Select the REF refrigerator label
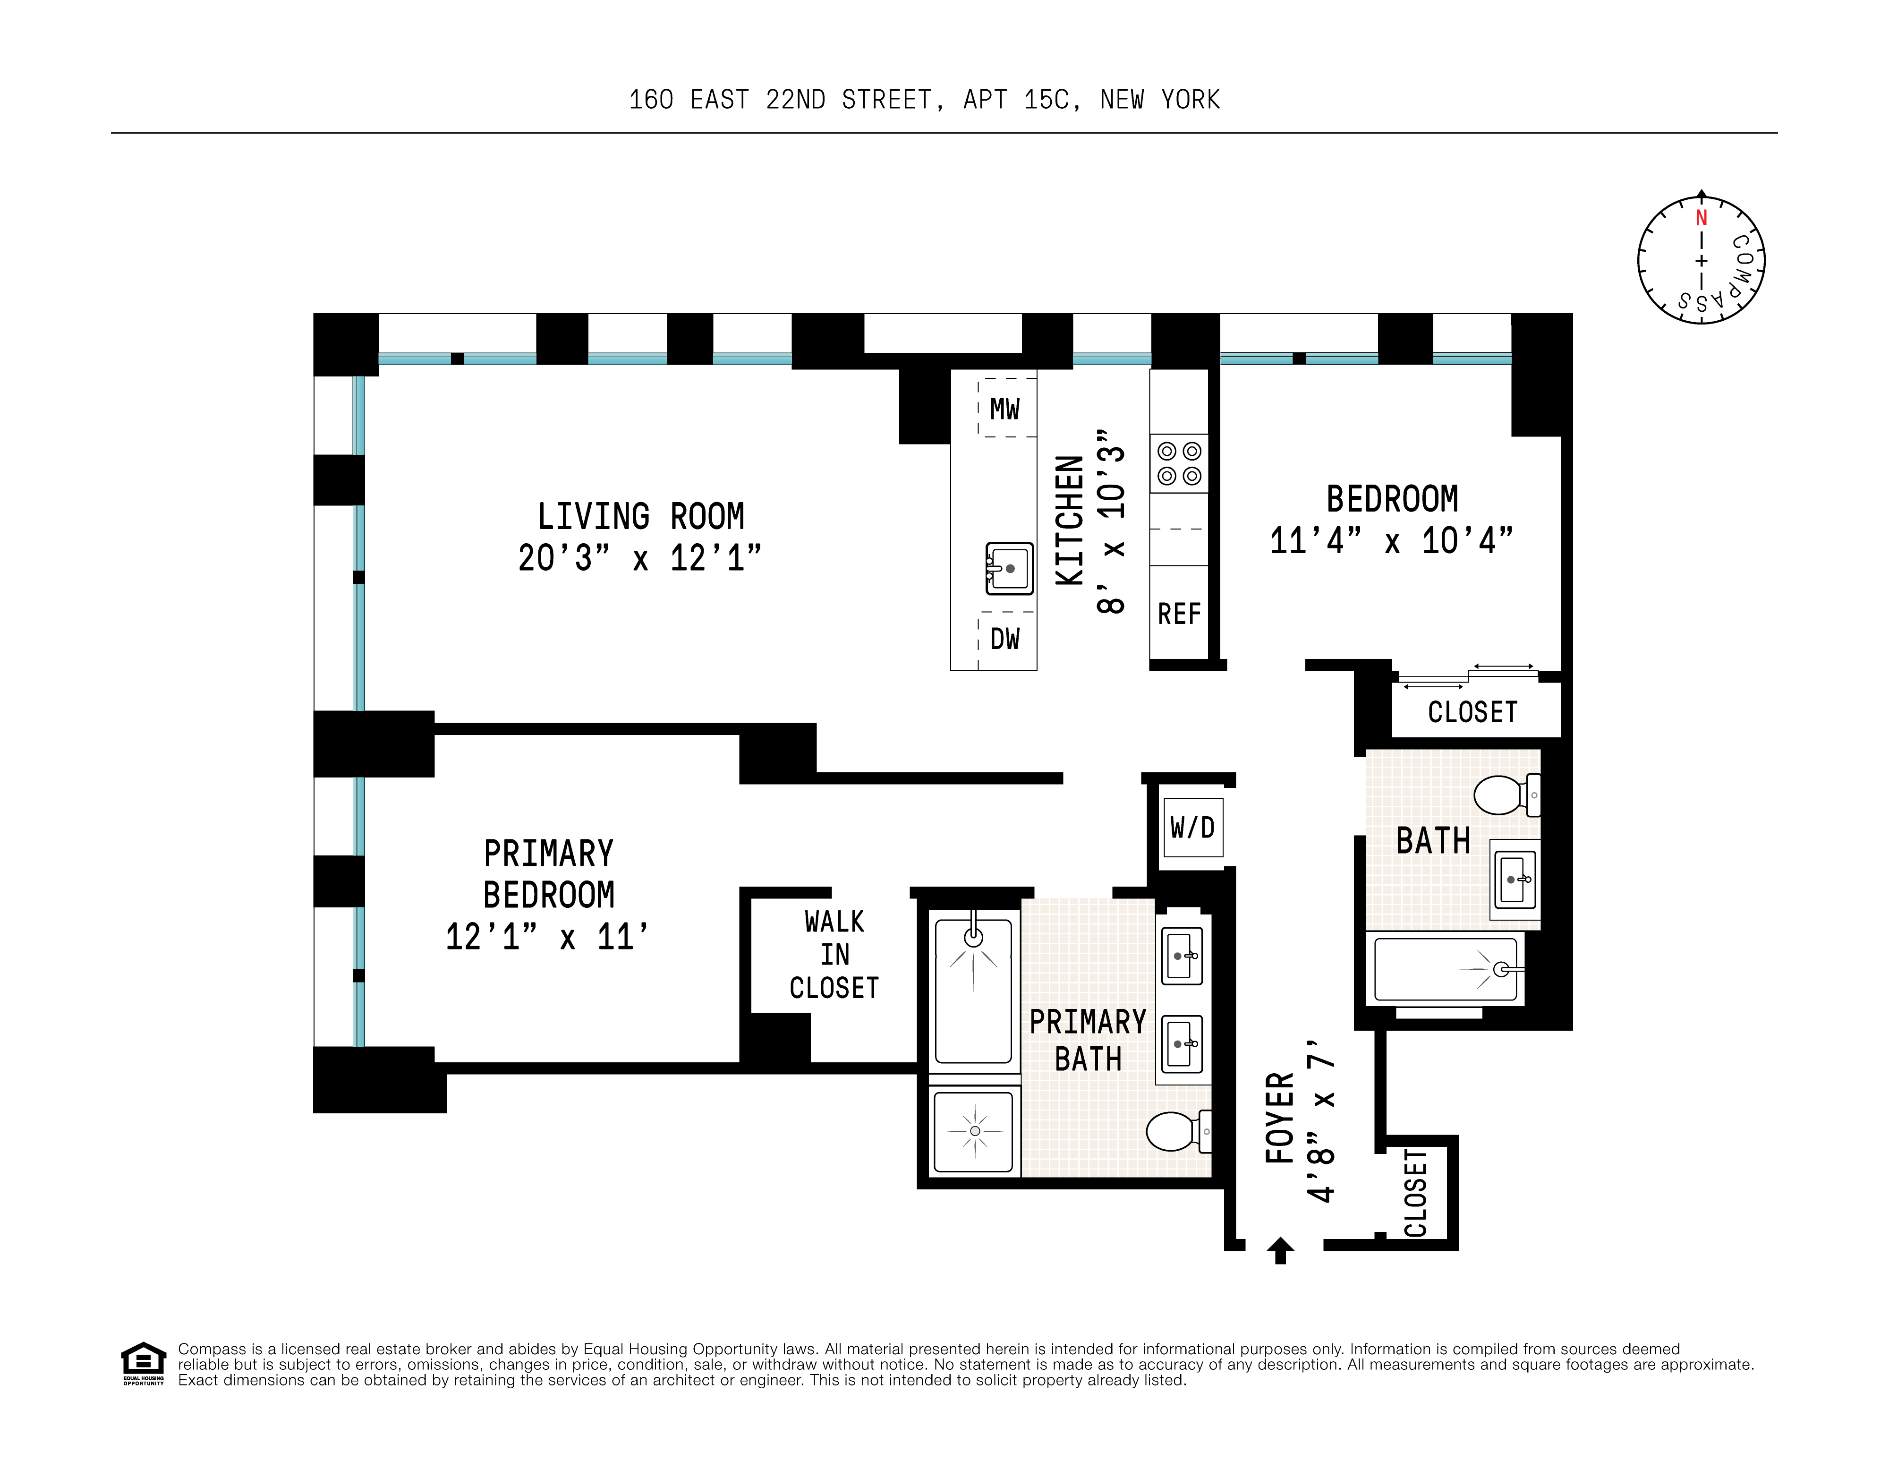[1179, 614]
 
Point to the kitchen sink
[1009, 568]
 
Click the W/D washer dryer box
[1193, 828]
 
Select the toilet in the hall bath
[1506, 795]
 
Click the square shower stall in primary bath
[975, 1130]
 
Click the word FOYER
[1280, 1118]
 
